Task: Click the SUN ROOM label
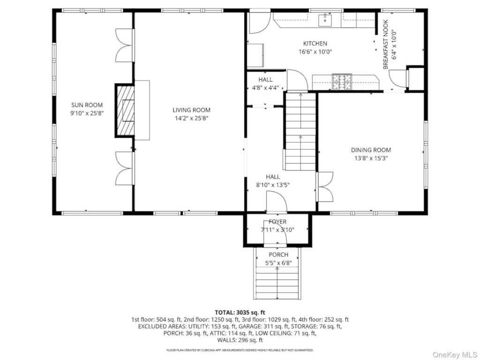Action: pyautogui.click(x=87, y=105)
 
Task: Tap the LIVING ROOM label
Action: pyautogui.click(x=191, y=110)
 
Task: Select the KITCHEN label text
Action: pyautogui.click(x=315, y=44)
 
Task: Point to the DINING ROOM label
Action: pyautogui.click(x=371, y=150)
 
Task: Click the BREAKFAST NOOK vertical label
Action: pyautogui.click(x=386, y=45)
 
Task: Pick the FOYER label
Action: pyautogui.click(x=277, y=222)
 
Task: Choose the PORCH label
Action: pyautogui.click(x=278, y=255)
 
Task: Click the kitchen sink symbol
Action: pyautogui.click(x=325, y=20)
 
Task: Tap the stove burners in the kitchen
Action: pyautogui.click(x=342, y=82)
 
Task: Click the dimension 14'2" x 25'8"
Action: pyautogui.click(x=191, y=119)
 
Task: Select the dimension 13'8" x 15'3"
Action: pyautogui.click(x=371, y=158)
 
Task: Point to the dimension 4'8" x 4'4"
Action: pyautogui.click(x=265, y=88)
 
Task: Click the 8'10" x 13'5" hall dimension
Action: pyautogui.click(x=272, y=185)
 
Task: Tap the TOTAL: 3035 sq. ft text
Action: pyautogui.click(x=240, y=313)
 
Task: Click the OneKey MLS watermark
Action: pyautogui.click(x=454, y=355)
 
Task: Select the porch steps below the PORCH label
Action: pyautogui.click(x=277, y=283)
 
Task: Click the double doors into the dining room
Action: pyautogui.click(x=324, y=187)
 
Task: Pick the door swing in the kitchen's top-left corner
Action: pyautogui.click(x=260, y=23)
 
